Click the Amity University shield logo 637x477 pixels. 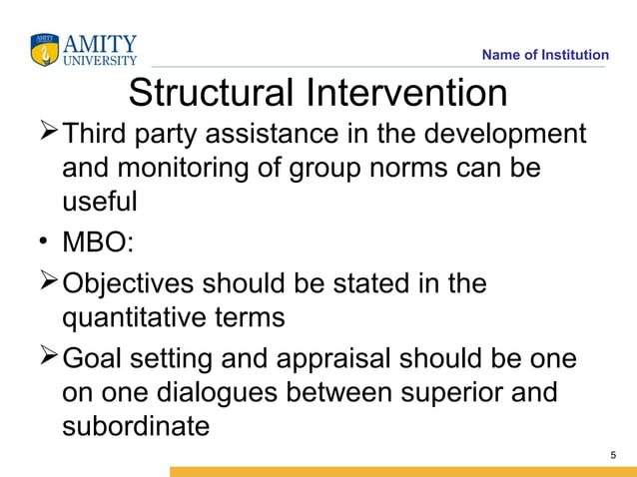point(45,48)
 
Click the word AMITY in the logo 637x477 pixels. point(100,43)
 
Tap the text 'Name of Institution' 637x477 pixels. point(544,55)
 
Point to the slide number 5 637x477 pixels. point(613,455)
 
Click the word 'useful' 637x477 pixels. point(99,202)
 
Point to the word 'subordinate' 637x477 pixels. point(136,426)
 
